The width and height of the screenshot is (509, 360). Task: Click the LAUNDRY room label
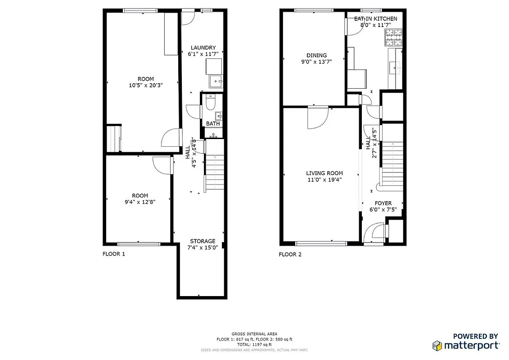(203, 48)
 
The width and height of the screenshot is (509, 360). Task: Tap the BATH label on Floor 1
(212, 124)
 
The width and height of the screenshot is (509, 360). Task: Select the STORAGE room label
(202, 241)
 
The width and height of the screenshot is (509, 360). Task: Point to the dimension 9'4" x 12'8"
(140, 202)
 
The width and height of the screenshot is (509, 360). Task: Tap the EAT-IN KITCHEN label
(375, 18)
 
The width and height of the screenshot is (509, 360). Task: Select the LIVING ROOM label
(324, 173)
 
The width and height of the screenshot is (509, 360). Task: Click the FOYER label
(383, 203)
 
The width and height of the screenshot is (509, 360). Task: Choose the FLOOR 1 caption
(114, 254)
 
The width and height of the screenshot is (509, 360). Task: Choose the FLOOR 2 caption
(290, 254)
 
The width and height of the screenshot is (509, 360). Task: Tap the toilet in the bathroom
(210, 103)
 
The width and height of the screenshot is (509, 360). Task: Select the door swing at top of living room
(317, 116)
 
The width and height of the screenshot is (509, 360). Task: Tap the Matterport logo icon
(437, 346)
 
